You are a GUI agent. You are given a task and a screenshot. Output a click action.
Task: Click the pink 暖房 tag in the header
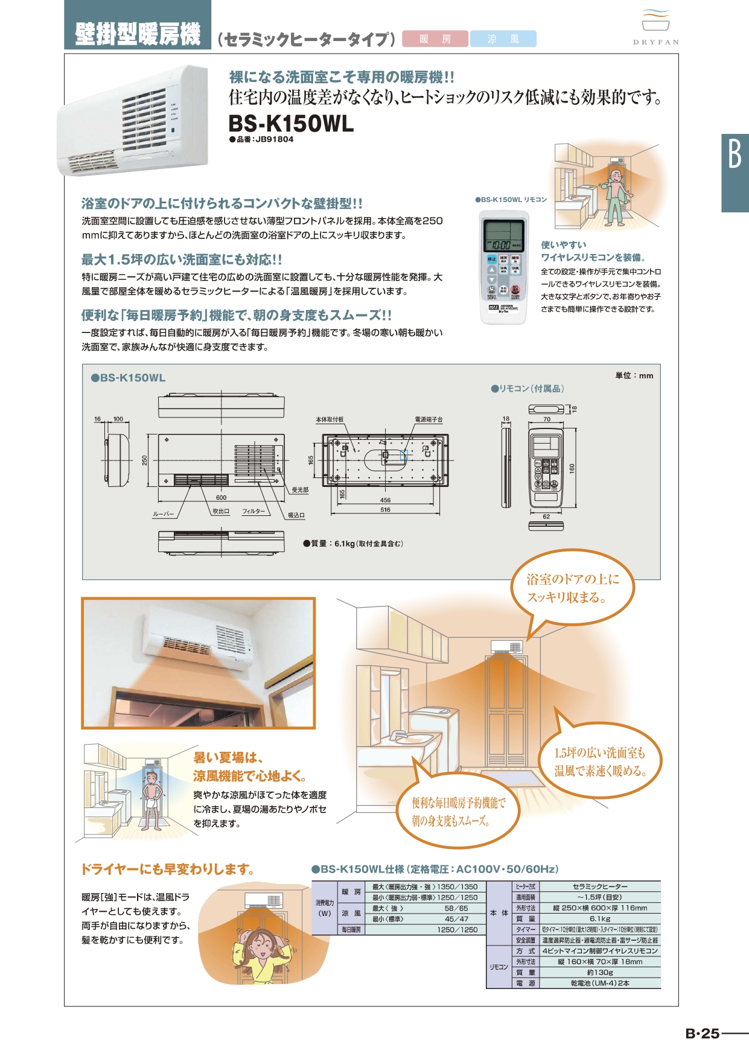[x=435, y=39]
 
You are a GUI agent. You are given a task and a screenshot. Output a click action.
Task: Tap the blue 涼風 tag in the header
[x=503, y=39]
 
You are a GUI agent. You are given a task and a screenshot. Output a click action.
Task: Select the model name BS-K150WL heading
[x=291, y=124]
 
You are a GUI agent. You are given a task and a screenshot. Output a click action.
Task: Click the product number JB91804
[x=274, y=139]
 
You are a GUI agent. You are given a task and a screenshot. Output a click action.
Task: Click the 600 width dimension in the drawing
[x=221, y=498]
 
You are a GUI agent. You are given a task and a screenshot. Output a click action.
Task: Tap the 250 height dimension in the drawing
[x=145, y=460]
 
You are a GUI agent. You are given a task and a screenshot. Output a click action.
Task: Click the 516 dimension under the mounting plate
[x=385, y=510]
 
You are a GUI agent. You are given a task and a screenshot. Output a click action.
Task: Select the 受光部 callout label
[x=300, y=490]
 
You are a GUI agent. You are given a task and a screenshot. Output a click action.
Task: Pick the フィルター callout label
[x=253, y=511]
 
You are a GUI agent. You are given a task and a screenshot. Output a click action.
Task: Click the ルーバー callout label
[x=163, y=514]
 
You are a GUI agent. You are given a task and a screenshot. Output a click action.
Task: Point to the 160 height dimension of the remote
[x=572, y=468]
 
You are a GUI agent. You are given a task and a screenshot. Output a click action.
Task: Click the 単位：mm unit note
[x=634, y=375]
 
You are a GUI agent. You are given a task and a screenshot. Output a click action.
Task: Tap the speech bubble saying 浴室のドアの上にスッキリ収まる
[x=572, y=588]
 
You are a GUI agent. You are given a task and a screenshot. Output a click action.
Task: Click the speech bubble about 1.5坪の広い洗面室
[x=600, y=762]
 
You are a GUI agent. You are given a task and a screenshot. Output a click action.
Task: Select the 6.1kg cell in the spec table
[x=599, y=918]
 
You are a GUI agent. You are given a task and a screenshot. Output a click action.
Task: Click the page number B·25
[x=703, y=1034]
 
